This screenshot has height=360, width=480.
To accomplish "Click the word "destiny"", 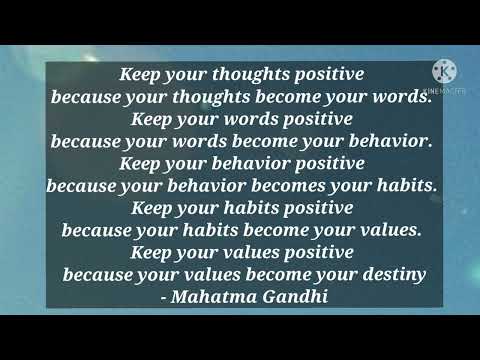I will [392, 274].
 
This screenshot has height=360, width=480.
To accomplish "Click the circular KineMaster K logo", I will [444, 71].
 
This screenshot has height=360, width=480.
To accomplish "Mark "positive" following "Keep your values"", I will [311, 251].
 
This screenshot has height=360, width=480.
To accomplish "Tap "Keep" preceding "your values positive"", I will [152, 251].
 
